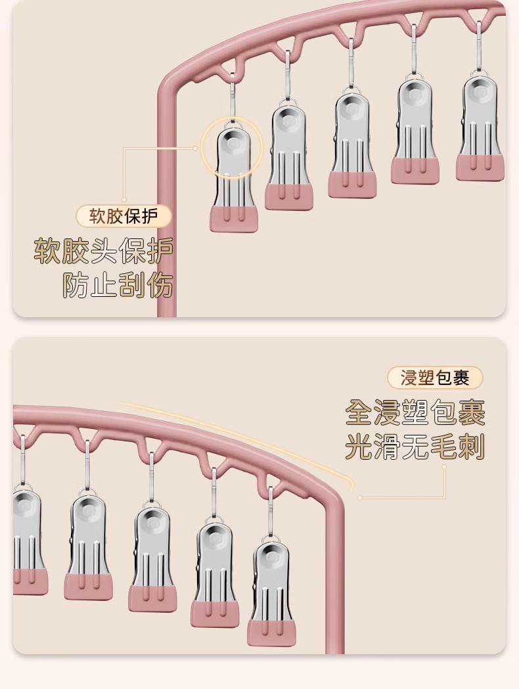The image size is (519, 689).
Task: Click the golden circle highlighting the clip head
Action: [x=231, y=148]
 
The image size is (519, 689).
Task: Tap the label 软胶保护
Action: [x=124, y=216]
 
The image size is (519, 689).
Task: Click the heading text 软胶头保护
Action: [x=104, y=250]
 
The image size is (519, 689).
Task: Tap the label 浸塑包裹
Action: [x=435, y=378]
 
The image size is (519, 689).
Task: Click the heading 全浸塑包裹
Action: [x=415, y=412]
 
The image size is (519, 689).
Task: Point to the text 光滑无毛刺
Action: [x=415, y=448]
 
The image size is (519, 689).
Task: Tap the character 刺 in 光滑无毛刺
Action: [x=471, y=448]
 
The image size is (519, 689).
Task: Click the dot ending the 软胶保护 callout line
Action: [x=196, y=148]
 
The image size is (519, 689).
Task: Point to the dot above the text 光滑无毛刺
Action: [x=444, y=467]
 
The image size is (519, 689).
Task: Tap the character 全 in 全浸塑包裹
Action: [x=359, y=412]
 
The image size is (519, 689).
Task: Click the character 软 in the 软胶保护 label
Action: [x=98, y=216]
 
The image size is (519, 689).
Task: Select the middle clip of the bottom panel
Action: [x=152, y=558]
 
